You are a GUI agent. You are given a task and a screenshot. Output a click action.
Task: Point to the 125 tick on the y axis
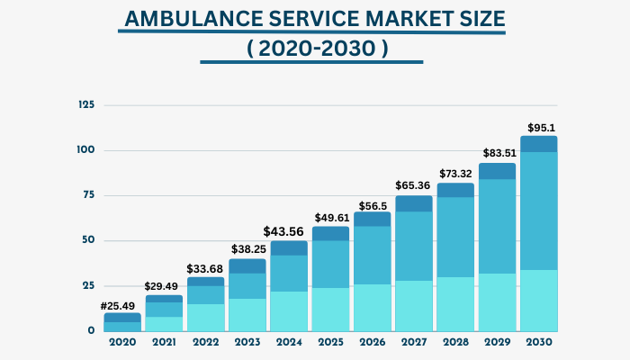tap(86, 104)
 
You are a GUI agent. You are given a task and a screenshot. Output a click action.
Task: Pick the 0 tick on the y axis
tap(91, 330)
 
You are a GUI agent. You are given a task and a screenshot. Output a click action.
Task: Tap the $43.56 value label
tap(288, 231)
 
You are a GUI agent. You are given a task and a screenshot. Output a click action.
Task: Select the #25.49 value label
tap(121, 305)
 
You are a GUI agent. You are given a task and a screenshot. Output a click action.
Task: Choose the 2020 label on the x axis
tap(121, 343)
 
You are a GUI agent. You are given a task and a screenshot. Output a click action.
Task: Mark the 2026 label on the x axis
tap(371, 343)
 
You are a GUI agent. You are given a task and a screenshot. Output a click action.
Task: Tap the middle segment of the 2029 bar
tap(496, 226)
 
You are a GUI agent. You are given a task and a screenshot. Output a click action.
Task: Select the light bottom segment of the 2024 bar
tap(288, 310)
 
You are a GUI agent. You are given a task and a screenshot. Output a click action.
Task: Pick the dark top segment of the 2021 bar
tap(163, 299)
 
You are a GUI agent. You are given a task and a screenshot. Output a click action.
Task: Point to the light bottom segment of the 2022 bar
tap(204, 317)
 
